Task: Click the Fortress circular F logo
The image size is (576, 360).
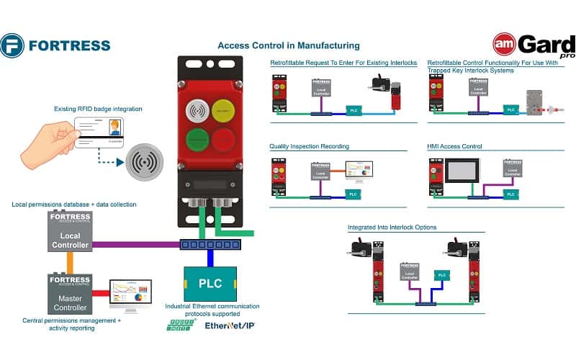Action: [x=13, y=45]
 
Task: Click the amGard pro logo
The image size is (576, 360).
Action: [x=533, y=45]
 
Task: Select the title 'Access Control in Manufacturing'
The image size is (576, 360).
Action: [x=288, y=45]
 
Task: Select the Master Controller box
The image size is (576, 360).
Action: [x=69, y=292]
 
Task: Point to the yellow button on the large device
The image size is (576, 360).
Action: [x=222, y=112]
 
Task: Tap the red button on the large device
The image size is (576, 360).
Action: [x=222, y=140]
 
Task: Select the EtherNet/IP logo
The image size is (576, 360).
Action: [x=230, y=325]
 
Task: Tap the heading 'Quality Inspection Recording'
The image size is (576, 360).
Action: [x=309, y=146]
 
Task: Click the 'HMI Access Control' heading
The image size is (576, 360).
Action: [x=454, y=146]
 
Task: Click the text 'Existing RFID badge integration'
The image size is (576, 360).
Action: [x=98, y=109]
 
